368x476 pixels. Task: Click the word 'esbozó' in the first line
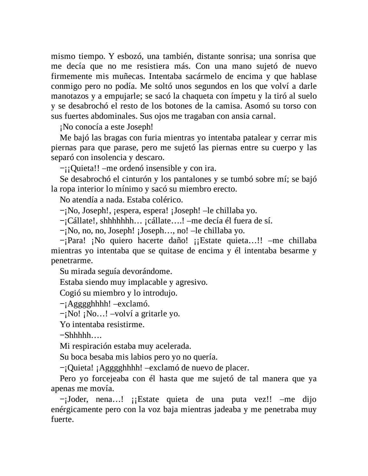coord(131,57)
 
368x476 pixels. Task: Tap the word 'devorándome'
coord(147,271)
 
